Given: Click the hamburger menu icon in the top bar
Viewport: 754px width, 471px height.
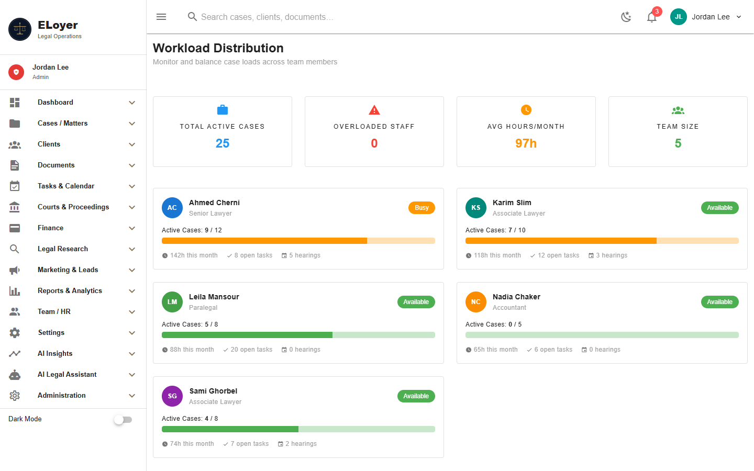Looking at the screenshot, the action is pos(161,17).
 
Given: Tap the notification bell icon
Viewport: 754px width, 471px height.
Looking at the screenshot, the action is pos(652,17).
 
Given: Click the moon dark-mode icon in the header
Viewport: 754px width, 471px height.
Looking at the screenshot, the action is pos(626,17).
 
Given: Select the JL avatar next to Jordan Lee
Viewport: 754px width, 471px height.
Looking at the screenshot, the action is pos(679,17).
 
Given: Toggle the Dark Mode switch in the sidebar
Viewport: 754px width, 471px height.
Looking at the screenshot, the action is pos(123,420).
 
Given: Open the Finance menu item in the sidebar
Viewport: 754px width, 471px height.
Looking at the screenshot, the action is pos(50,228).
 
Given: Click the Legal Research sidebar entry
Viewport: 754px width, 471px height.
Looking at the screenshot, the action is pos(63,249).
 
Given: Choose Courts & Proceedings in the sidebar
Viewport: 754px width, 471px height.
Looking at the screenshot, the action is pos(73,207).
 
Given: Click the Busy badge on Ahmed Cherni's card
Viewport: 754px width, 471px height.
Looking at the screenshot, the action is pos(422,208).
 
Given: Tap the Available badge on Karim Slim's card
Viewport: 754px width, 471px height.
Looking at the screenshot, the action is pos(719,208).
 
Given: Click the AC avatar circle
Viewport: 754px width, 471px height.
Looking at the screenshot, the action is pos(172,208).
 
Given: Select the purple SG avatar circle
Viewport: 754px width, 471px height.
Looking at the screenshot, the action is pos(172,396).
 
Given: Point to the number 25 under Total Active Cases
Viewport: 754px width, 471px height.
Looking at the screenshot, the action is pos(223,143).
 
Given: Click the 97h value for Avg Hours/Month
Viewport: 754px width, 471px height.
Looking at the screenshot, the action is pos(526,143).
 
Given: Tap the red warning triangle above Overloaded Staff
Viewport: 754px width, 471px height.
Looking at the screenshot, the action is pos(374,110).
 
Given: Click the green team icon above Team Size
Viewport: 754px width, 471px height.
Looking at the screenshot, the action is pos(678,110).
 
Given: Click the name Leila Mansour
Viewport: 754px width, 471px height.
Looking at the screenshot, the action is pos(214,297).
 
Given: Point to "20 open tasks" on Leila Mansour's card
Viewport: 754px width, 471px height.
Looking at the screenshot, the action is pos(251,350).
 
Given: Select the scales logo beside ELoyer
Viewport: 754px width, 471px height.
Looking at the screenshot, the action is pos(20,29).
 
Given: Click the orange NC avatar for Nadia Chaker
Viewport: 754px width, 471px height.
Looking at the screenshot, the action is pos(476,302).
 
